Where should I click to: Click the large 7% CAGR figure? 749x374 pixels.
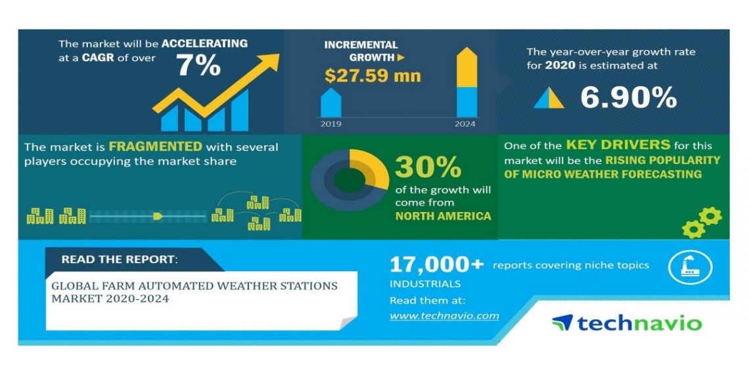click(198, 66)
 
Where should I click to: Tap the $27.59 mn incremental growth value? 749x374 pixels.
click(373, 76)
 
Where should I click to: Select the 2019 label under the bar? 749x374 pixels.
click(330, 123)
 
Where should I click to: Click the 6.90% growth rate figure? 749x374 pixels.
click(628, 98)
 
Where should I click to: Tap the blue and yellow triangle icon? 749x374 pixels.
click(549, 98)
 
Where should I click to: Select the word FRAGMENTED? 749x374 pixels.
click(155, 146)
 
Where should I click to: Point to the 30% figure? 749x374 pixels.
click(428, 167)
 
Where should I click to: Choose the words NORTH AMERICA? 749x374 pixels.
click(443, 216)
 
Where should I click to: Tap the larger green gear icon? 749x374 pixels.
click(710, 216)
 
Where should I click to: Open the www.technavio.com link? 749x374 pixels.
click(444, 316)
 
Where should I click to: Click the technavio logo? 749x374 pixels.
click(627, 323)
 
